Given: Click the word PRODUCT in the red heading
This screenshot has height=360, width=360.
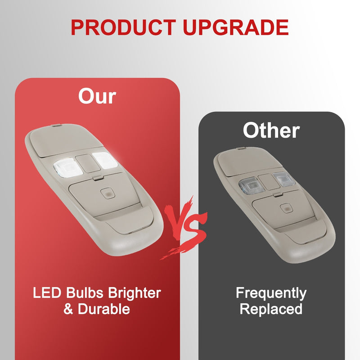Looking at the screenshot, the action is point(123,27).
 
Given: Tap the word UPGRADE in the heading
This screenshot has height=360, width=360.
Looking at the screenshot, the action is point(236,27).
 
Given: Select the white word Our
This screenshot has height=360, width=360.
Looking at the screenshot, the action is point(97,96).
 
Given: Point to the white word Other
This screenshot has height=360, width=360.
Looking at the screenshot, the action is point(271,130).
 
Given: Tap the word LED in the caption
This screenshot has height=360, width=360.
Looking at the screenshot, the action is point(47,293).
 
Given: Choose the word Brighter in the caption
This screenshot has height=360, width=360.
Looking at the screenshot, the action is point(135,293).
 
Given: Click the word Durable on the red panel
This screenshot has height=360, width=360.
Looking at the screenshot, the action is point(104,309).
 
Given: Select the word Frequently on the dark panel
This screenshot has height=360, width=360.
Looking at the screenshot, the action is point(271,293).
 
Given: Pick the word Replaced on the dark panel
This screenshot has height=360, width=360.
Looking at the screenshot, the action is point(271,309).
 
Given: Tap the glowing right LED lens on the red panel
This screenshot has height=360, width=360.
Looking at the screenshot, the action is point(105,160).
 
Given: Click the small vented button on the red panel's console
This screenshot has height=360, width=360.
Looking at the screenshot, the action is point(108,194).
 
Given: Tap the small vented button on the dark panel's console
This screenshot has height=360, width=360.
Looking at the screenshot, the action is point(286,208).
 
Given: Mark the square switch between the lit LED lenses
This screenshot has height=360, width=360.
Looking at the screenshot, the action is point(88,164).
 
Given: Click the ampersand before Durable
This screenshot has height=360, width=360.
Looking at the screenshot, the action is point(68,309).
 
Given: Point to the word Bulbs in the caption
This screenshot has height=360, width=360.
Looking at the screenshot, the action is point(85,293).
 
